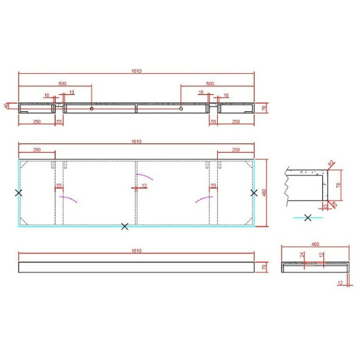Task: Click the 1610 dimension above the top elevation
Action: point(136,71)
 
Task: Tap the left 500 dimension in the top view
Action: point(63,83)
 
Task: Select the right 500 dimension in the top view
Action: point(209,83)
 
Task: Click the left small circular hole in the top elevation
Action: point(92,109)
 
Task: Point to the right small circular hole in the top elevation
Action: point(181,109)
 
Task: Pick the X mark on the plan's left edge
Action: point(19,193)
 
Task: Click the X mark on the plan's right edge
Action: point(254,193)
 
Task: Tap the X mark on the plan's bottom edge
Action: point(125,227)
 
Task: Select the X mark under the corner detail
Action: point(308,218)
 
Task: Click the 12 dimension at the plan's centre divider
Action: point(144,186)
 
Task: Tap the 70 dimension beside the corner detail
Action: point(338,184)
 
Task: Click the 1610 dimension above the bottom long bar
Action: point(136,251)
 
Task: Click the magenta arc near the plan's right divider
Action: point(203,199)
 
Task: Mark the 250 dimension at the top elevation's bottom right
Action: point(236,122)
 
